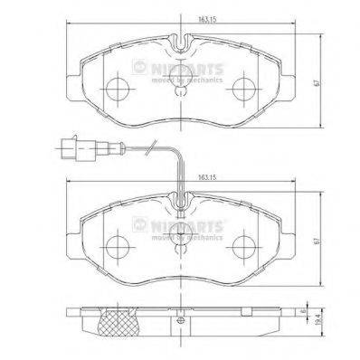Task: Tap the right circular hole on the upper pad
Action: [244, 89]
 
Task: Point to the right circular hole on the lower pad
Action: [244, 246]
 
